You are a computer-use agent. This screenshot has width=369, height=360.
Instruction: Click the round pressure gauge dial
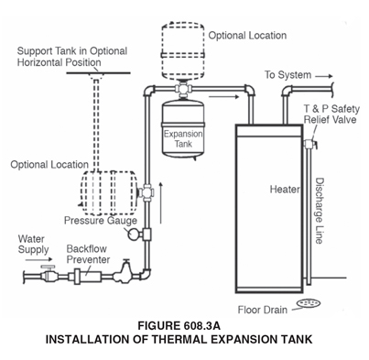click(x=134, y=235)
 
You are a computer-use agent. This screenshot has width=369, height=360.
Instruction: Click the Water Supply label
click(x=35, y=244)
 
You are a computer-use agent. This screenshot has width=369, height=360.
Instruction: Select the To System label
click(x=291, y=74)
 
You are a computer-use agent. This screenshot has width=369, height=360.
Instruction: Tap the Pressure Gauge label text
click(x=100, y=220)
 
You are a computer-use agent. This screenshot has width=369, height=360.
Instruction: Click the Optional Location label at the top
click(x=247, y=36)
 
